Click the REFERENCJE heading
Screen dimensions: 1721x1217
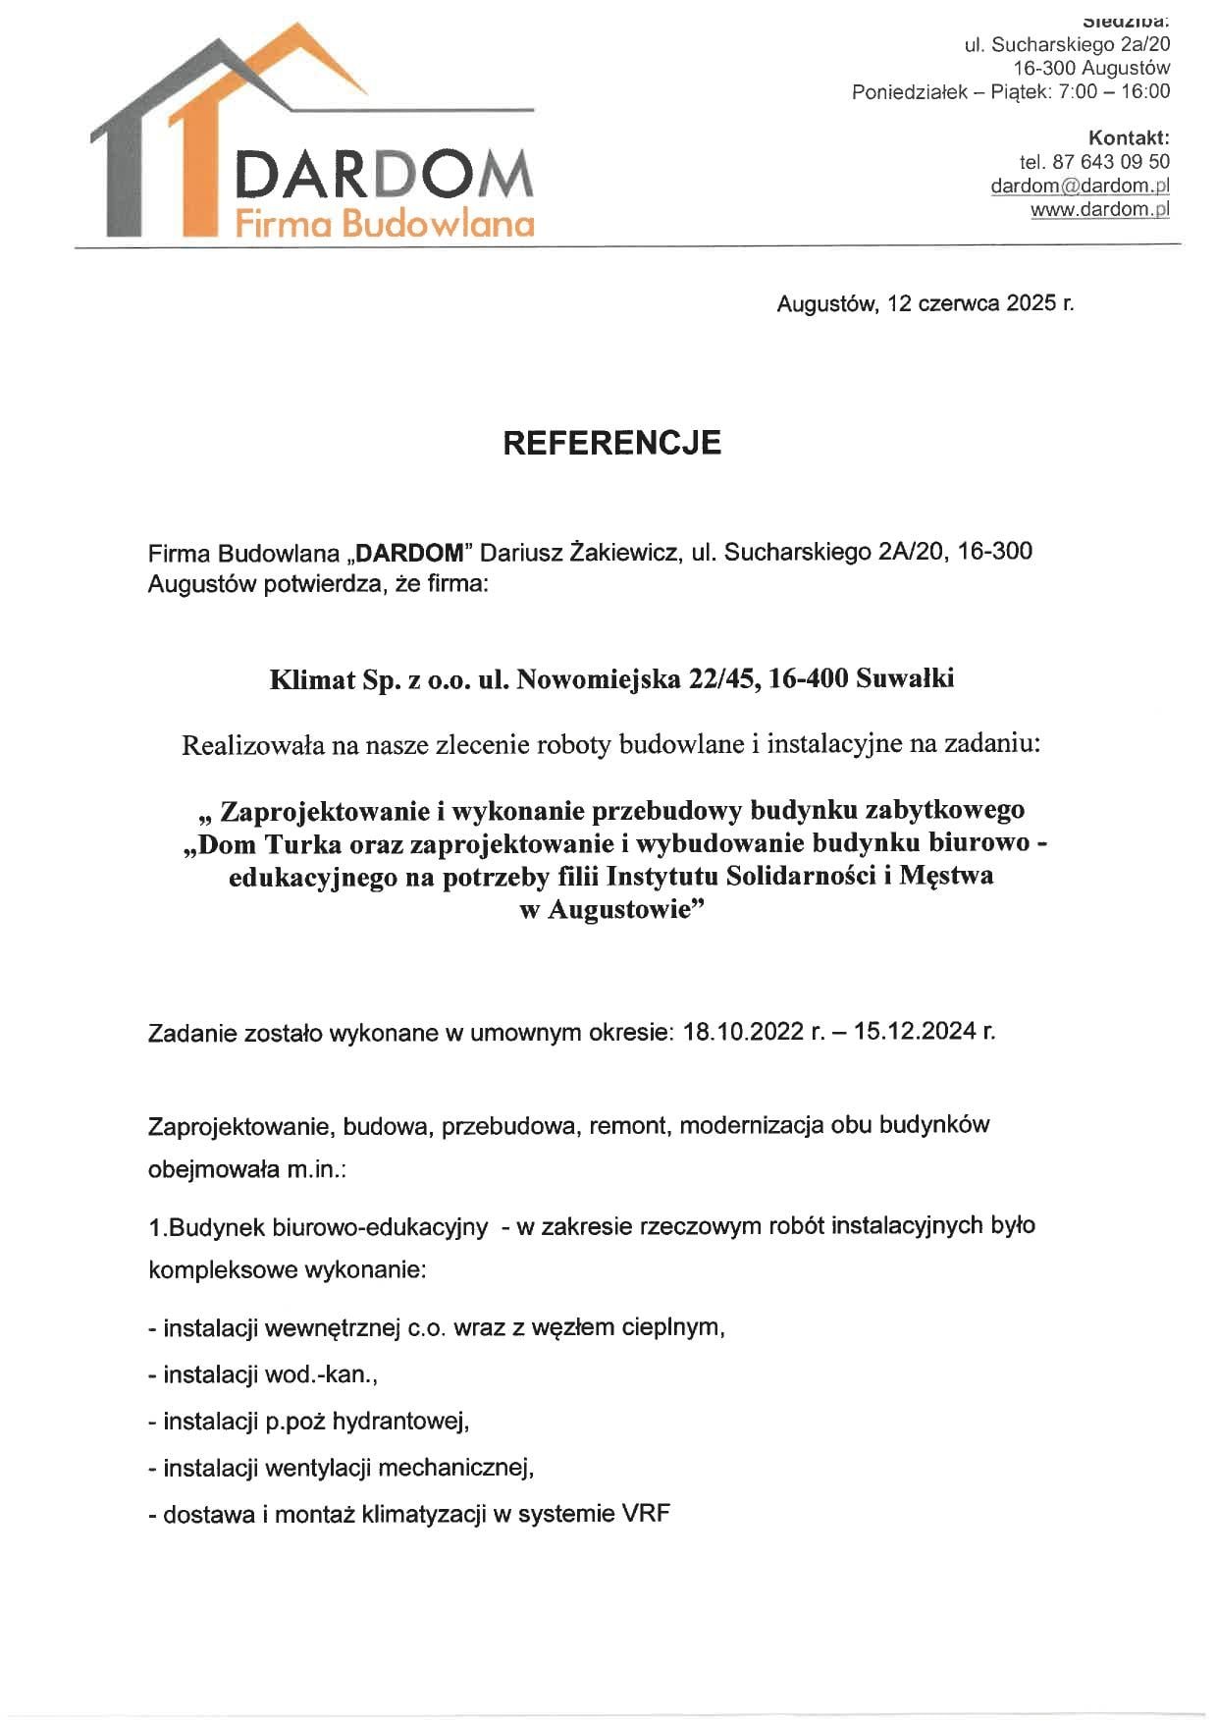tap(611, 443)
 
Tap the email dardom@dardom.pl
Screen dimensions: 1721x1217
tap(1080, 186)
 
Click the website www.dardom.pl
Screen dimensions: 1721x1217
tap(1099, 209)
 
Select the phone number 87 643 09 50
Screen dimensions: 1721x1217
tap(1111, 162)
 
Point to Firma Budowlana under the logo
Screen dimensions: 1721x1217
tap(384, 224)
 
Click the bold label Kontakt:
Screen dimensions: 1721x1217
tap(1129, 137)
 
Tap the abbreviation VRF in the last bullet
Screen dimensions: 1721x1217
tap(646, 1514)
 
